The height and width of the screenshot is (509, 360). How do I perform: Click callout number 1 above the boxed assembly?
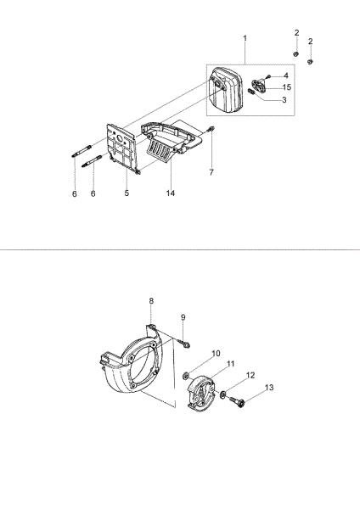coord(245,38)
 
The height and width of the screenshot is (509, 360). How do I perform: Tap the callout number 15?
coord(287,87)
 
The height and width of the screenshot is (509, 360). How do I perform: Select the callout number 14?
coord(171,193)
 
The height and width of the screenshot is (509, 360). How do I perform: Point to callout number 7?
coord(211,172)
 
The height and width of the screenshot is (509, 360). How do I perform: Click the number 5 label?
coord(127,193)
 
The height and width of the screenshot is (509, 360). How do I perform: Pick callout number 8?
coord(151,301)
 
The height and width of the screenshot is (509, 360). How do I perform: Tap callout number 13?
coord(269,388)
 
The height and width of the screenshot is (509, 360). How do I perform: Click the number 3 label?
coord(284,100)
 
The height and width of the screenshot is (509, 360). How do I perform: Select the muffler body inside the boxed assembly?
coord(226,90)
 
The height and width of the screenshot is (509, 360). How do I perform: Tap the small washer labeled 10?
coord(186,376)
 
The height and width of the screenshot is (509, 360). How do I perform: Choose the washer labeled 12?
coord(223,394)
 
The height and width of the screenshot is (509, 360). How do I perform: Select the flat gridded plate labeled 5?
coord(123,148)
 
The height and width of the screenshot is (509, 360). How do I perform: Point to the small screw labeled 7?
coord(211,129)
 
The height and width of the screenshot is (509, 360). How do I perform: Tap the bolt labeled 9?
coord(184,344)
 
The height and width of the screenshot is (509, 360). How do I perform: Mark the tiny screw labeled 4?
coord(268,76)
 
